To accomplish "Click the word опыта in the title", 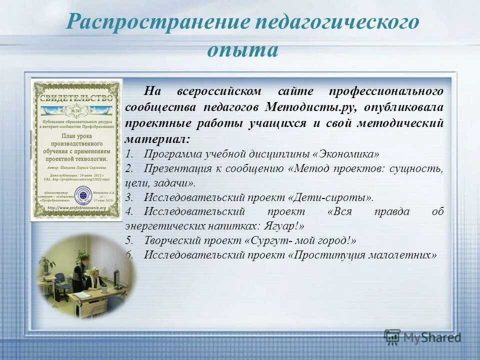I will (242, 50).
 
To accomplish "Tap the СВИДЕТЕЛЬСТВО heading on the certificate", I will (76, 98).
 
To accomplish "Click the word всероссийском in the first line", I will (218, 91).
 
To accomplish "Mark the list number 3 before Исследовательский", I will (129, 197).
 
